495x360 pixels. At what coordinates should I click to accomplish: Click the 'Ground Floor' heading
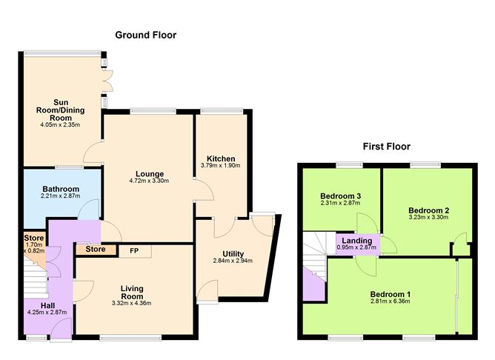(145, 35)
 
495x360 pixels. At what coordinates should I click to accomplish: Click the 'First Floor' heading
(386, 146)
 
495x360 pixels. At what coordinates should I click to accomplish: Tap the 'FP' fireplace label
(133, 250)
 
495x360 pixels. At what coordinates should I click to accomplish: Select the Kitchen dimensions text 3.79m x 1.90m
(221, 166)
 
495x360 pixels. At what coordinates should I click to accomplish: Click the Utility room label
(233, 253)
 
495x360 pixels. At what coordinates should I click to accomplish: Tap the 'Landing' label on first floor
(356, 240)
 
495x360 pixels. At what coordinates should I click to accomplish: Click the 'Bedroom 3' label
(339, 195)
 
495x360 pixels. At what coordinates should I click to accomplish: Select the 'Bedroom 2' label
(429, 210)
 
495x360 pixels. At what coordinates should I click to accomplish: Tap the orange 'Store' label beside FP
(95, 250)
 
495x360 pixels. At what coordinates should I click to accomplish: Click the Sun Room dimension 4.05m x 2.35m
(62, 125)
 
